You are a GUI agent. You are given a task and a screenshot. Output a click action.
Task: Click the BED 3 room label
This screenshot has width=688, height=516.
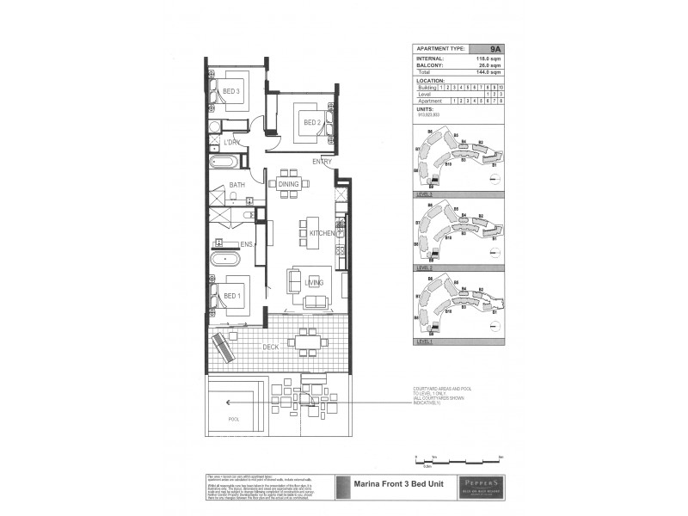[x=230, y=91]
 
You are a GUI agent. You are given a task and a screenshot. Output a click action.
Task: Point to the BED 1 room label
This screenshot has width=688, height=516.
[x=232, y=296]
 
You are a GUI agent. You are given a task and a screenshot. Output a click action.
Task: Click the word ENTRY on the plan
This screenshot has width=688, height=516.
[x=322, y=162]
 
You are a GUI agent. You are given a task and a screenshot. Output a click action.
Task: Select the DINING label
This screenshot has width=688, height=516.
[x=288, y=183]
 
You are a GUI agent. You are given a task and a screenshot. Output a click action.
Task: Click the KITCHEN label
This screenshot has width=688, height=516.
[x=322, y=233]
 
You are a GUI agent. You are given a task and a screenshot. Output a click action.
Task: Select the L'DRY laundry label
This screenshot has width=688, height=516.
[x=230, y=141]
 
